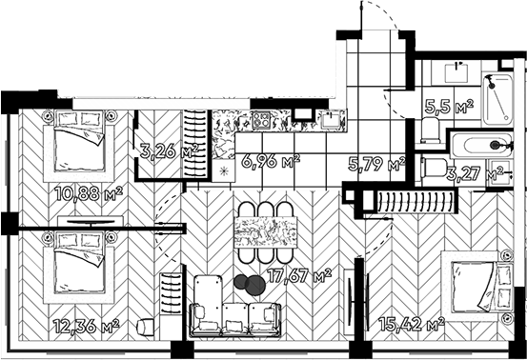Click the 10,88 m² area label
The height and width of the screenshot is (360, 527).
tap(89, 193)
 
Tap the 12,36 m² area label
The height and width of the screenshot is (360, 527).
tap(87, 326)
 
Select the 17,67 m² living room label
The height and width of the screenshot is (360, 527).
tap(299, 276)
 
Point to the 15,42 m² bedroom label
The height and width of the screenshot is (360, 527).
tap(412, 324)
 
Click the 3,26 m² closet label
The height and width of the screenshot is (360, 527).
tap(169, 151)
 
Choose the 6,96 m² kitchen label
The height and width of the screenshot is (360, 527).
tap(271, 162)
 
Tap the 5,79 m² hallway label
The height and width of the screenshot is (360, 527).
tap(376, 164)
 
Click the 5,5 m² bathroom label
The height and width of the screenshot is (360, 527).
tap(449, 107)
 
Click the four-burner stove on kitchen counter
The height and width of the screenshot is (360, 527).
tap(261, 120)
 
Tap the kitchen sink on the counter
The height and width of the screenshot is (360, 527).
tap(331, 120)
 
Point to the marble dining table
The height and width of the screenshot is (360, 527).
tap(266, 232)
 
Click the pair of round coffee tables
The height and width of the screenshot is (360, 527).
tap(250, 285)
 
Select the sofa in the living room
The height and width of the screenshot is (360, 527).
tap(235, 306)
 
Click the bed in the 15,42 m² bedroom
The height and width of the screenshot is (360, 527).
tap(477, 286)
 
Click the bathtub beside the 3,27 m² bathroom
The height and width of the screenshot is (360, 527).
tap(481, 146)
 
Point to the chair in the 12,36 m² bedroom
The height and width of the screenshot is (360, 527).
tap(146, 327)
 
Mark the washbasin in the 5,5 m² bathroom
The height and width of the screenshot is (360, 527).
tap(456, 73)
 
